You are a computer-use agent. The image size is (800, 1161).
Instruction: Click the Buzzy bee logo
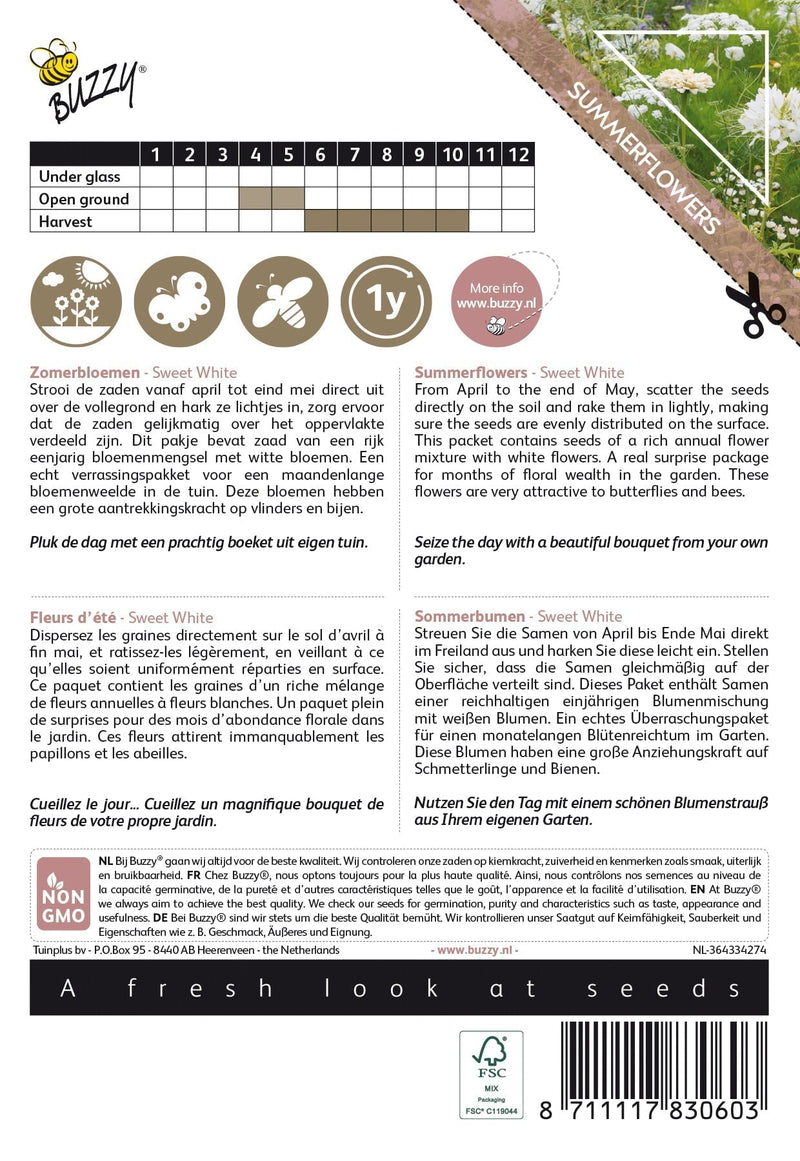88,79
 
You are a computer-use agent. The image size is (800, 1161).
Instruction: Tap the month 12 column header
518,154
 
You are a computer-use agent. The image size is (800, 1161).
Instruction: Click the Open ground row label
83,199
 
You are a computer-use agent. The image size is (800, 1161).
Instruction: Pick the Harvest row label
65,221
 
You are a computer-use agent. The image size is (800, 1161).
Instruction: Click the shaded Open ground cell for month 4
255,199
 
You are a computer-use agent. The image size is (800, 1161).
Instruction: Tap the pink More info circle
491,301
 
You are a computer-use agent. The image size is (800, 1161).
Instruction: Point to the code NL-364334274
729,950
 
